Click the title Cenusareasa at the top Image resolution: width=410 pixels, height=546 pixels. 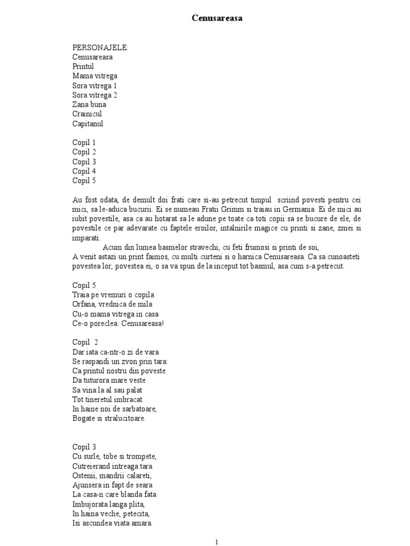tap(217, 19)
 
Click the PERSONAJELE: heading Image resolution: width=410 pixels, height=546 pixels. tap(100, 47)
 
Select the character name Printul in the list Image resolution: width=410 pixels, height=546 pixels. tap(83, 67)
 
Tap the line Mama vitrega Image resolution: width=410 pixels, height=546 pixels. tap(95, 76)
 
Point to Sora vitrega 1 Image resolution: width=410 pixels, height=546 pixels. tap(95, 86)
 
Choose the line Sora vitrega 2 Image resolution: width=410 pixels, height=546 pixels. tap(95, 95)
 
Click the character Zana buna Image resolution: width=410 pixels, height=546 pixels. tap(90, 105)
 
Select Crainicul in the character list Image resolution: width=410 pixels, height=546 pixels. tap(87, 114)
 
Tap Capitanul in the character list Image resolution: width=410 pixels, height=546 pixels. tap(88, 124)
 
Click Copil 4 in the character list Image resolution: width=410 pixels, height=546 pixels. tap(84, 171)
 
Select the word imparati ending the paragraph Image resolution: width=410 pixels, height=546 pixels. tap(86, 238)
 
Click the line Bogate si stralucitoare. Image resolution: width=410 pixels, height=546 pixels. tap(109, 419)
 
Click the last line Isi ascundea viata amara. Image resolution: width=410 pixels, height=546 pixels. tap(112, 523)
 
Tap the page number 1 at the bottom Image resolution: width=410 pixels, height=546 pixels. tap(217, 542)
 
